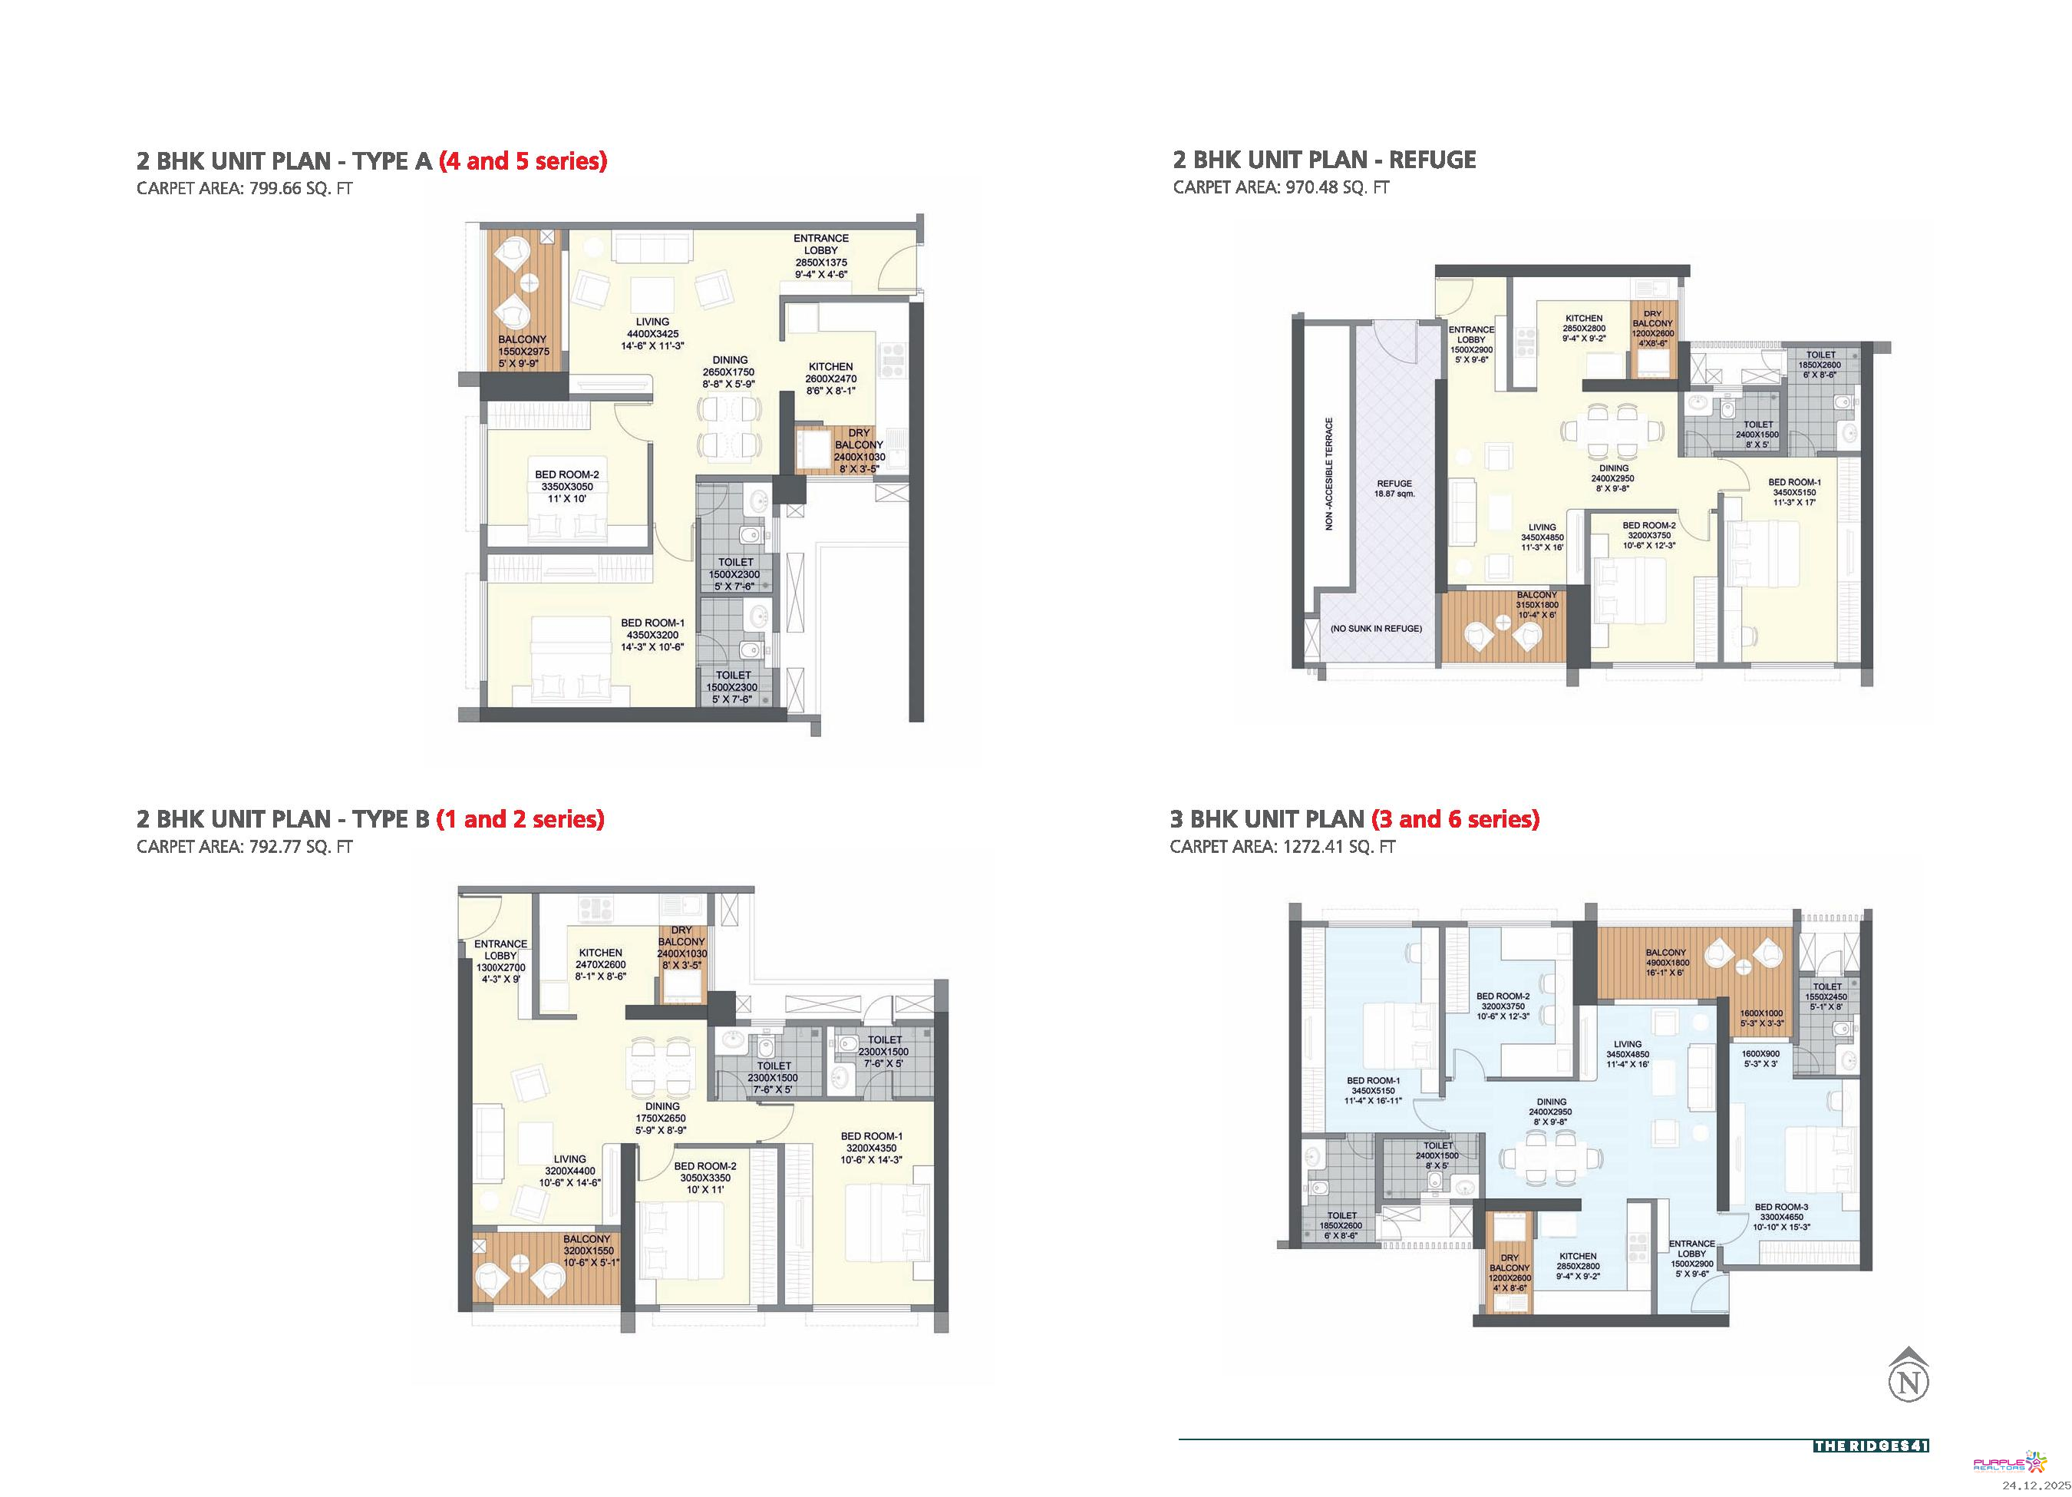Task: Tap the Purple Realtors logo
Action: point(2010,1464)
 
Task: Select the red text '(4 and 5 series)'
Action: point(523,161)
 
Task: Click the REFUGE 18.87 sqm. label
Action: point(1394,488)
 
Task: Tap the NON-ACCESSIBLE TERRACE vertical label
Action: point(1329,474)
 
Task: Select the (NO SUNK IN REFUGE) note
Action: point(1376,629)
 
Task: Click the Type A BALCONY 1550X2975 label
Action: point(523,351)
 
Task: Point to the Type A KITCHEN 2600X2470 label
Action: point(830,378)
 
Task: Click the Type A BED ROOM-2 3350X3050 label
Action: point(566,486)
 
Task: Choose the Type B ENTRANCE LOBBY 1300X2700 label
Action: point(500,961)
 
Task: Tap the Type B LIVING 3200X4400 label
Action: point(569,1171)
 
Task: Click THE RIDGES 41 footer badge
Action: point(1871,1446)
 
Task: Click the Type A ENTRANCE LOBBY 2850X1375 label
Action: point(820,256)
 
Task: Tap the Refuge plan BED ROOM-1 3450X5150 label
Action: point(1794,491)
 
